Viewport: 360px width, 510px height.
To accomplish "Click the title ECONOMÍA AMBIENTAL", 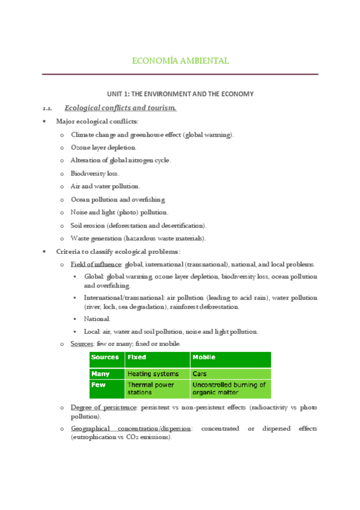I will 180,61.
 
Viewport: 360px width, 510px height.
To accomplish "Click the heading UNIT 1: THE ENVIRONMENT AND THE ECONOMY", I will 180,94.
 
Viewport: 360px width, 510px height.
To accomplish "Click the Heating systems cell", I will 153,374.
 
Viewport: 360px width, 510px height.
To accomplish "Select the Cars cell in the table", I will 200,374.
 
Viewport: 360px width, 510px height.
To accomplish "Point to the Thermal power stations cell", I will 151,389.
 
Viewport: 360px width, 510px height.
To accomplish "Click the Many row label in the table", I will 100,374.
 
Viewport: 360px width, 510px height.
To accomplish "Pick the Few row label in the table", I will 98,386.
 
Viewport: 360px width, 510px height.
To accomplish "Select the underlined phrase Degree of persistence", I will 103,408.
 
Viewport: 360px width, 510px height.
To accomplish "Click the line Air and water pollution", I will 105,186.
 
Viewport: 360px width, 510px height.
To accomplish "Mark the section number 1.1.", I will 47,109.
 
